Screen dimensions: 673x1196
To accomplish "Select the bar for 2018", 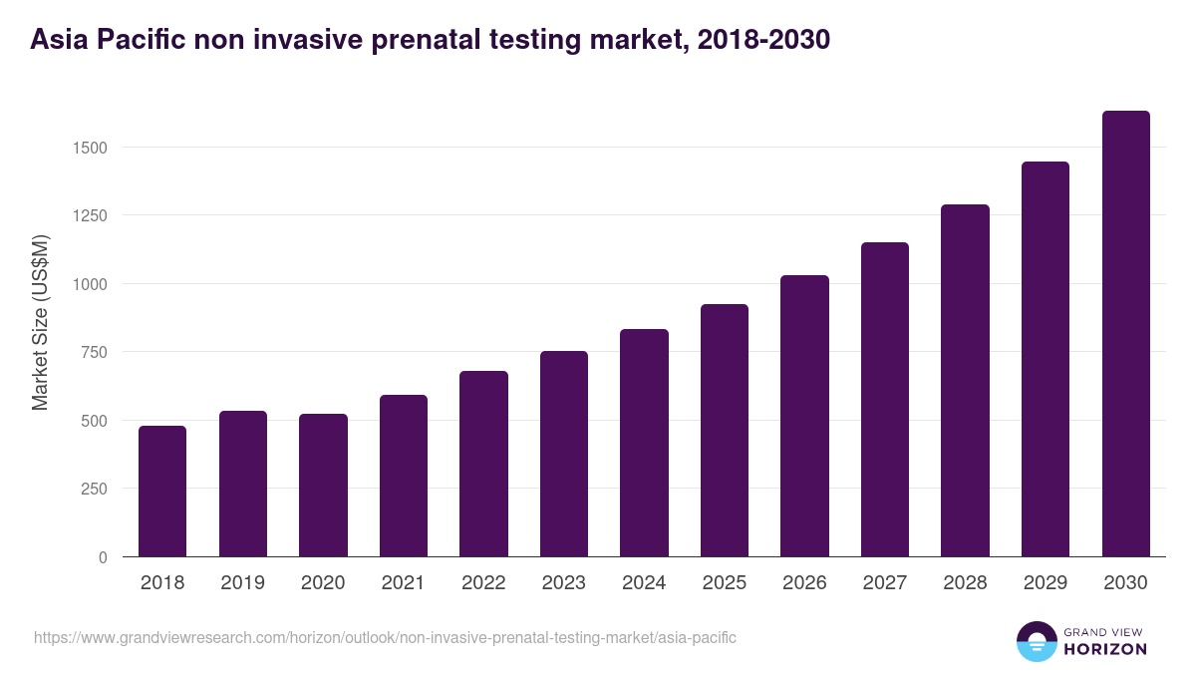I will [x=162, y=492].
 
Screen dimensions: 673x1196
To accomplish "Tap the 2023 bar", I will [x=564, y=455].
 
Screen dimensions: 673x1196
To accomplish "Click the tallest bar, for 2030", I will [x=1125, y=334].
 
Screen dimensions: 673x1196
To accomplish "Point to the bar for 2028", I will [x=965, y=381].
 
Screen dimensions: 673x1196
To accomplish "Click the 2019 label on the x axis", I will [x=242, y=583].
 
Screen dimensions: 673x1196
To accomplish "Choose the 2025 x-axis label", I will [x=724, y=583].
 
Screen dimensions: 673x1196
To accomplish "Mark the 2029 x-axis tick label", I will [x=1045, y=583].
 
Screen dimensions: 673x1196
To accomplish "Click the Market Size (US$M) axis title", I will [x=40, y=321].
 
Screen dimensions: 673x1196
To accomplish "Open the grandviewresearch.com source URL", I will [x=385, y=637].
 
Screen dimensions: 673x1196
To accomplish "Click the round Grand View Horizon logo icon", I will [x=1036, y=641].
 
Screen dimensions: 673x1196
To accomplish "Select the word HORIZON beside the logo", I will [x=1105, y=649].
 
